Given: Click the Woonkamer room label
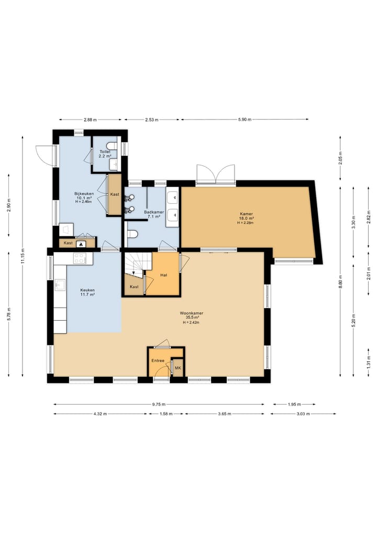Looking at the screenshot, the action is pos(192,313).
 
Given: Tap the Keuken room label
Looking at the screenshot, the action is pos(87,290).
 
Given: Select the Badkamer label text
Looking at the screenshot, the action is pos(154,212).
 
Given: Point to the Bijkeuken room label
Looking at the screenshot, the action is pos(84,194).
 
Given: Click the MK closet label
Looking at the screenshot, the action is pos(178,368).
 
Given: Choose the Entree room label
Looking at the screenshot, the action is pos(158,361).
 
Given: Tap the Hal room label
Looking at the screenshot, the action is pos(164,275).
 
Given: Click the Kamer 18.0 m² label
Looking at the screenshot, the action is pos(246,216).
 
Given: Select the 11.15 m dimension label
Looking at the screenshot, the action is pos(23,256).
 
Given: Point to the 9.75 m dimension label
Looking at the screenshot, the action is pos(159,405).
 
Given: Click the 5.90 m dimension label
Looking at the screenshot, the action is pos(245,119).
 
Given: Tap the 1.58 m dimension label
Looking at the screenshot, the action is pos(165,414).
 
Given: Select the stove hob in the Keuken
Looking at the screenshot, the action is pos(80,258).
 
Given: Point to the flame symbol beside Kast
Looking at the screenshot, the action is pos(81,243).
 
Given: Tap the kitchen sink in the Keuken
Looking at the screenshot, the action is pos(60,285).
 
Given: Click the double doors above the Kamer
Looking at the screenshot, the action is pos(216,175).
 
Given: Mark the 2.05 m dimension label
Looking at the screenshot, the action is pos(340,158).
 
